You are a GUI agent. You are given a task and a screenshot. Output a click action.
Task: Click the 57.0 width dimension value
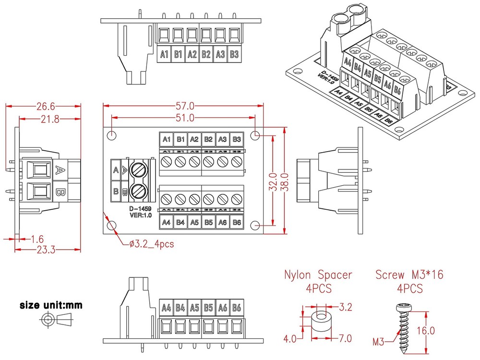[x=185, y=106]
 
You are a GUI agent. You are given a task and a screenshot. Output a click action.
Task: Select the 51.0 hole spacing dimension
[x=185, y=118]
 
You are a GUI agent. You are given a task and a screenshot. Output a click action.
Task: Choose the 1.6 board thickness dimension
[x=38, y=239]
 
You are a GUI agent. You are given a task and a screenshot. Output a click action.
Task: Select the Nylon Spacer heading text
[x=318, y=275]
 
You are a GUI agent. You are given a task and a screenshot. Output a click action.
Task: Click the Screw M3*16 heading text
[x=409, y=275]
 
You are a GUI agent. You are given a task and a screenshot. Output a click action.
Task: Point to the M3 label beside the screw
[x=379, y=342]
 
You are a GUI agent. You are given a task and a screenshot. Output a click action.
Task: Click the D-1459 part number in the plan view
[x=140, y=209]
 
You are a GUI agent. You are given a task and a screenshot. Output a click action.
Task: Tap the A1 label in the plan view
[x=167, y=140]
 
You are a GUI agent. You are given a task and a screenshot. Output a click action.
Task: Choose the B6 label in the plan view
[x=237, y=222]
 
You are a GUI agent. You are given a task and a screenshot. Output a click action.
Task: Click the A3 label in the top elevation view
[x=220, y=54]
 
